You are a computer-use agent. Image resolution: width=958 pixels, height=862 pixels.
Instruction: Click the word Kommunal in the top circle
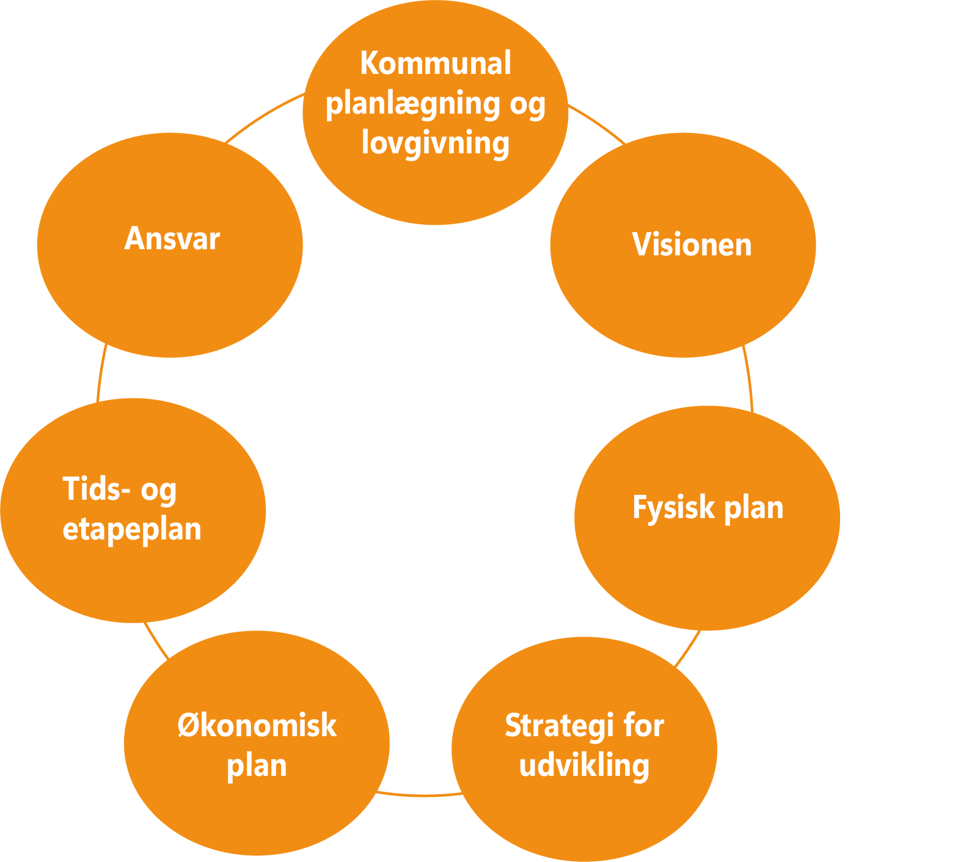(x=435, y=64)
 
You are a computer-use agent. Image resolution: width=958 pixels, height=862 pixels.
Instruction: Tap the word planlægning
(x=413, y=104)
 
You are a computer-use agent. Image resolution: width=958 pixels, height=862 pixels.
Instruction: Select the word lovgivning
(x=435, y=143)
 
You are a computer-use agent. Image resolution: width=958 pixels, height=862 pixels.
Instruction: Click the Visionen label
(x=691, y=245)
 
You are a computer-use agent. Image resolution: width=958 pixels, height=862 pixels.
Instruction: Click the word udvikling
(x=584, y=765)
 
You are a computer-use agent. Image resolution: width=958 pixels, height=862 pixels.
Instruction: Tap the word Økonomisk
(x=257, y=725)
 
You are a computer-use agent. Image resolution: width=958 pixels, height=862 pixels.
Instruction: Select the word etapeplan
(x=132, y=529)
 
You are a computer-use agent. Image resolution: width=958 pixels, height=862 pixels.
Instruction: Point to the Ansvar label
(x=172, y=239)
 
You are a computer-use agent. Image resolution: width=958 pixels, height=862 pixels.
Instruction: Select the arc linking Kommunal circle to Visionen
(x=598, y=125)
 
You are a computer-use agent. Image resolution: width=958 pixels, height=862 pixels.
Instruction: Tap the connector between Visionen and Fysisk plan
(x=748, y=379)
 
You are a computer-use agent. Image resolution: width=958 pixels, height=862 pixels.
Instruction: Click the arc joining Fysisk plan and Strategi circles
(x=688, y=648)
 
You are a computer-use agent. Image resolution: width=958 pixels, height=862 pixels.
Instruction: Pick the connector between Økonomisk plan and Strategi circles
(x=420, y=795)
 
